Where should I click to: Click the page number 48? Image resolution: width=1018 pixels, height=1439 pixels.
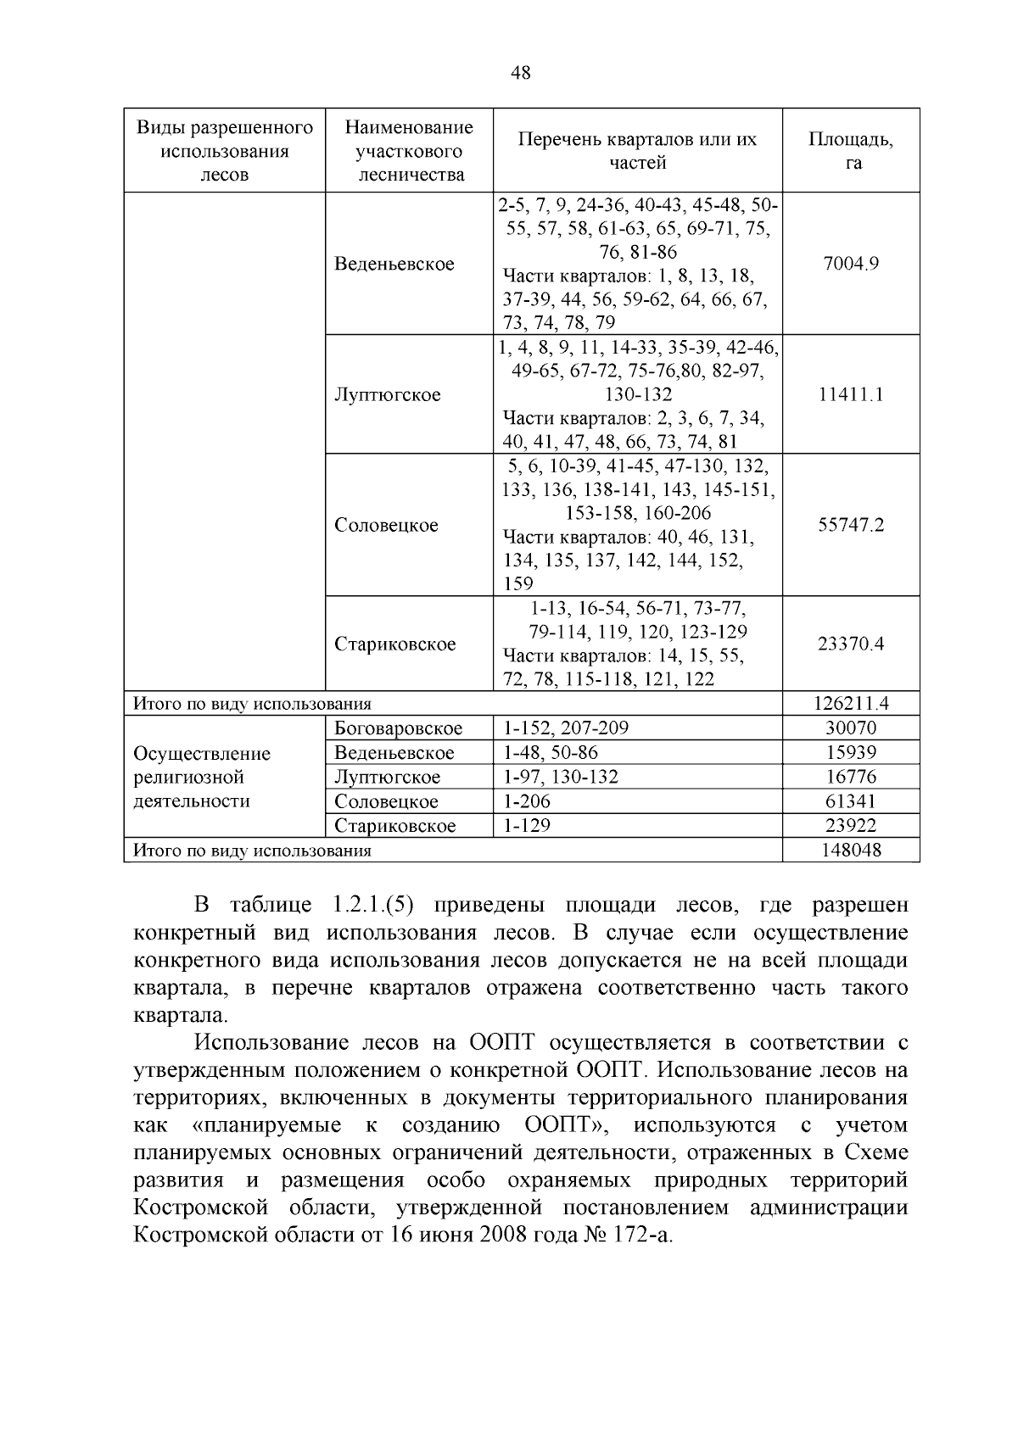pos(521,73)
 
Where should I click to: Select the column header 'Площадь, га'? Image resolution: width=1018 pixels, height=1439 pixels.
pos(851,150)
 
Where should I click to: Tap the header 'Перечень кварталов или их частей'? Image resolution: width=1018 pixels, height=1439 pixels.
pos(637,150)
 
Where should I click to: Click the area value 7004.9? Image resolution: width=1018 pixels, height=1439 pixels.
pos(851,263)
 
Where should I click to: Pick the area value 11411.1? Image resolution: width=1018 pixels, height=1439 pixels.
pos(851,394)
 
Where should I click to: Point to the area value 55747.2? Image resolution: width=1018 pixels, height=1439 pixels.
pos(851,525)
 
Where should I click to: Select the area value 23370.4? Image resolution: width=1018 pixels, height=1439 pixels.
pos(851,644)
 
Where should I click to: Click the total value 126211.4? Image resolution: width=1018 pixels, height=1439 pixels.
pos(851,704)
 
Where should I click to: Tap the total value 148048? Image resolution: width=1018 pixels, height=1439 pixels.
pos(851,850)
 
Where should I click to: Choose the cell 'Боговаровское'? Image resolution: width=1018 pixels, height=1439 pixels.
pos(399,728)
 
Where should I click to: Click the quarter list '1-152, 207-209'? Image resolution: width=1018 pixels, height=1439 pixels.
pos(566,728)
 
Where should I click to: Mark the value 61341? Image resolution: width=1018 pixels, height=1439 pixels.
pos(851,801)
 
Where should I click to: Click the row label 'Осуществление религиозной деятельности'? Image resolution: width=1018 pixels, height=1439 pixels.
pos(204,777)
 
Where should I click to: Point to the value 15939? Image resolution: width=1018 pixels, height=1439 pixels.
pos(851,753)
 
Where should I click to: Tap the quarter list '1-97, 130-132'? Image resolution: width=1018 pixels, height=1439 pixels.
pos(561,777)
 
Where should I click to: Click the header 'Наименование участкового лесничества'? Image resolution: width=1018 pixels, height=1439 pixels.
pos(409,150)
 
